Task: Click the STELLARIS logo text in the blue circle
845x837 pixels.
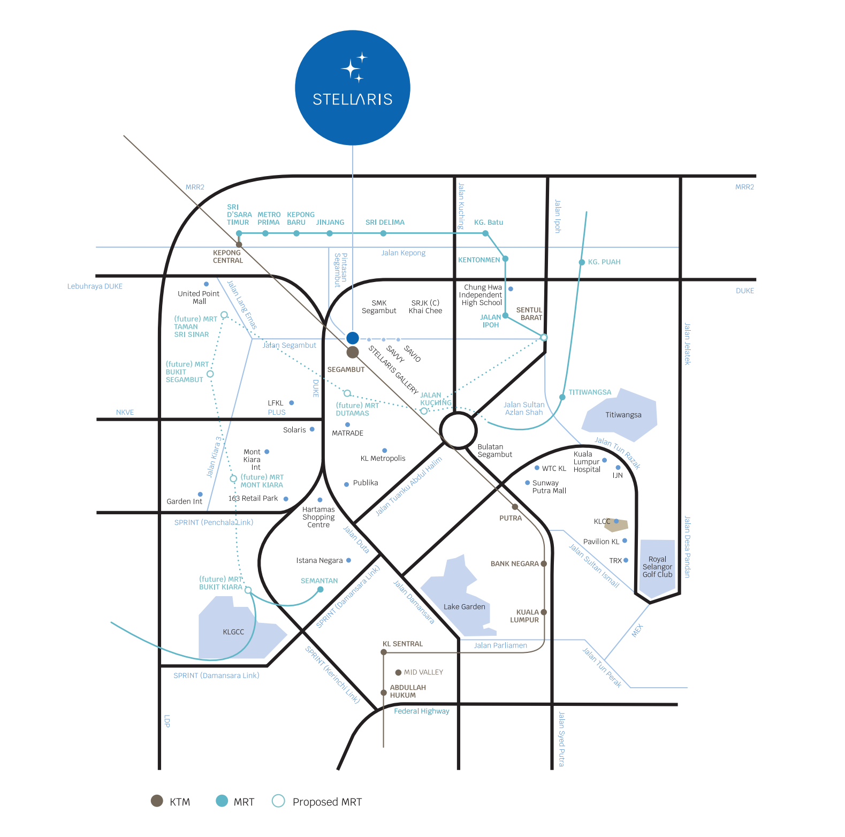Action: pyautogui.click(x=353, y=99)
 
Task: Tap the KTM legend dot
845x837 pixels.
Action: pyautogui.click(x=157, y=801)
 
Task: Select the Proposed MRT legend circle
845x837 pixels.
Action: pyautogui.click(x=278, y=801)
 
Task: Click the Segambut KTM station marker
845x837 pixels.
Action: pyautogui.click(x=352, y=352)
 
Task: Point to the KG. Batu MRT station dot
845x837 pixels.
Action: pyautogui.click(x=485, y=233)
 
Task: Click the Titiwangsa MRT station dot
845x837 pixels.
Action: pyautogui.click(x=562, y=397)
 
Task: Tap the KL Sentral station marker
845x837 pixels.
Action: pyautogui.click(x=384, y=652)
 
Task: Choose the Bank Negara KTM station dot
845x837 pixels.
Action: pyautogui.click(x=544, y=564)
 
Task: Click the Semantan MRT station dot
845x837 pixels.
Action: pyautogui.click(x=320, y=589)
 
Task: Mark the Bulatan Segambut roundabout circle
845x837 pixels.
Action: pyautogui.click(x=458, y=429)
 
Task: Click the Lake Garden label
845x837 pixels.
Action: pyautogui.click(x=465, y=607)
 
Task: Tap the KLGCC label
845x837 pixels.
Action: pyautogui.click(x=233, y=632)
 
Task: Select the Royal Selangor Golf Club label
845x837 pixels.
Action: pyautogui.click(x=657, y=567)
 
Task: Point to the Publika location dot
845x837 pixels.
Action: pyautogui.click(x=347, y=484)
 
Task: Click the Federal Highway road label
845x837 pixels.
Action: pyautogui.click(x=422, y=711)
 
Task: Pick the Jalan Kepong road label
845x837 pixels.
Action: pyautogui.click(x=404, y=253)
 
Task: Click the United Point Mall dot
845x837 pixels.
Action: pyautogui.click(x=206, y=284)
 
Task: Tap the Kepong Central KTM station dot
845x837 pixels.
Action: pyautogui.click(x=239, y=245)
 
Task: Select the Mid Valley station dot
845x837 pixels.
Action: pyautogui.click(x=398, y=672)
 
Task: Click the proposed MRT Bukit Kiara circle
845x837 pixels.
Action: pyautogui.click(x=248, y=590)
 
